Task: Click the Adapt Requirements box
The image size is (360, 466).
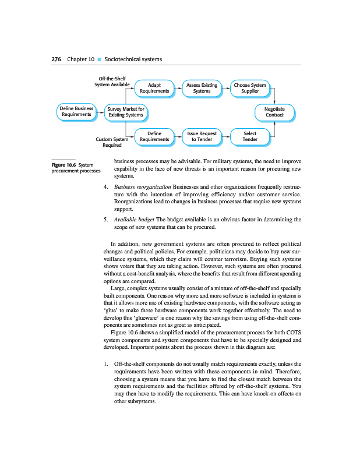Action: point(154,88)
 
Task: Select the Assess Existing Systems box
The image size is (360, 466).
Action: point(202,88)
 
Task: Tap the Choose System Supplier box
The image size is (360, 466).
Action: point(250,88)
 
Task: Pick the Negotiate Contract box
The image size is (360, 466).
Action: point(274,112)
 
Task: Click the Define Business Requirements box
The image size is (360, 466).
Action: point(76,112)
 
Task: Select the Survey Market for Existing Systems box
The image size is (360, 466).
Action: point(125,112)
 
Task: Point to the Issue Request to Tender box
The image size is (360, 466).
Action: point(202,136)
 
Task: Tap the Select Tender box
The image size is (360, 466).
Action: point(250,136)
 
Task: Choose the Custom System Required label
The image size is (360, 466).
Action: point(112,142)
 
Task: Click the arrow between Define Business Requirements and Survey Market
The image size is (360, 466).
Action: point(99,112)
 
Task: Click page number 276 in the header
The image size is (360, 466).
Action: point(57,59)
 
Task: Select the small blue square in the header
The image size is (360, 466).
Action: point(99,60)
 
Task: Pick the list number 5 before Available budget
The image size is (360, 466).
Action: point(104,220)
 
